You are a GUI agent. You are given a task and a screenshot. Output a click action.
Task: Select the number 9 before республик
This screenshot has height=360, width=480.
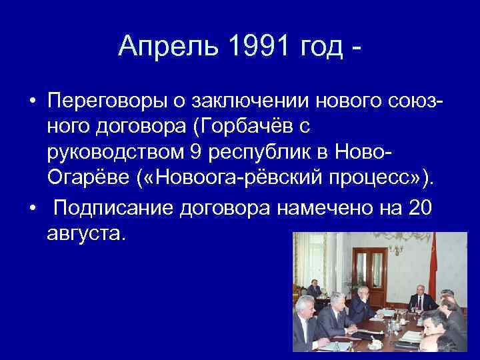195,153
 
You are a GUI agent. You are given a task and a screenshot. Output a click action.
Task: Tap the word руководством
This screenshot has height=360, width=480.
115,153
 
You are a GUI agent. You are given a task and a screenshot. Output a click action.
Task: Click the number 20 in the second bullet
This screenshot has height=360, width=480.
419,208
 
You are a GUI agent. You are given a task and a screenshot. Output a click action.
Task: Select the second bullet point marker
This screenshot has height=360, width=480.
32,209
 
